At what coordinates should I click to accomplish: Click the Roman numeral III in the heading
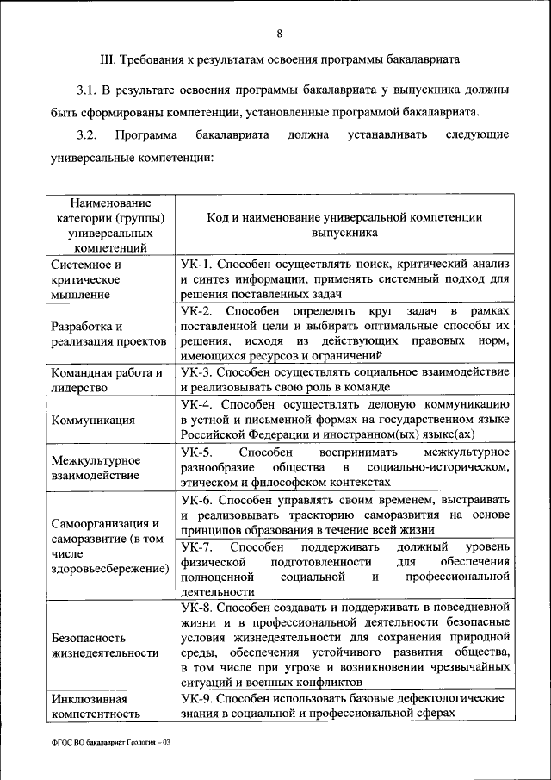(108, 61)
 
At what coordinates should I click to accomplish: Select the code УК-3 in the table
(196, 372)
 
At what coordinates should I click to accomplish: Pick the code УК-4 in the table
(196, 403)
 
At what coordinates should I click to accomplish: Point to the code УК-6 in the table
(196, 499)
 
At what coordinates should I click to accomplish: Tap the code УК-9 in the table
(196, 699)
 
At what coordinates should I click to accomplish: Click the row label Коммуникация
(92, 420)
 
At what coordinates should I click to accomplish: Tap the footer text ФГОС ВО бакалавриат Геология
(108, 743)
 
